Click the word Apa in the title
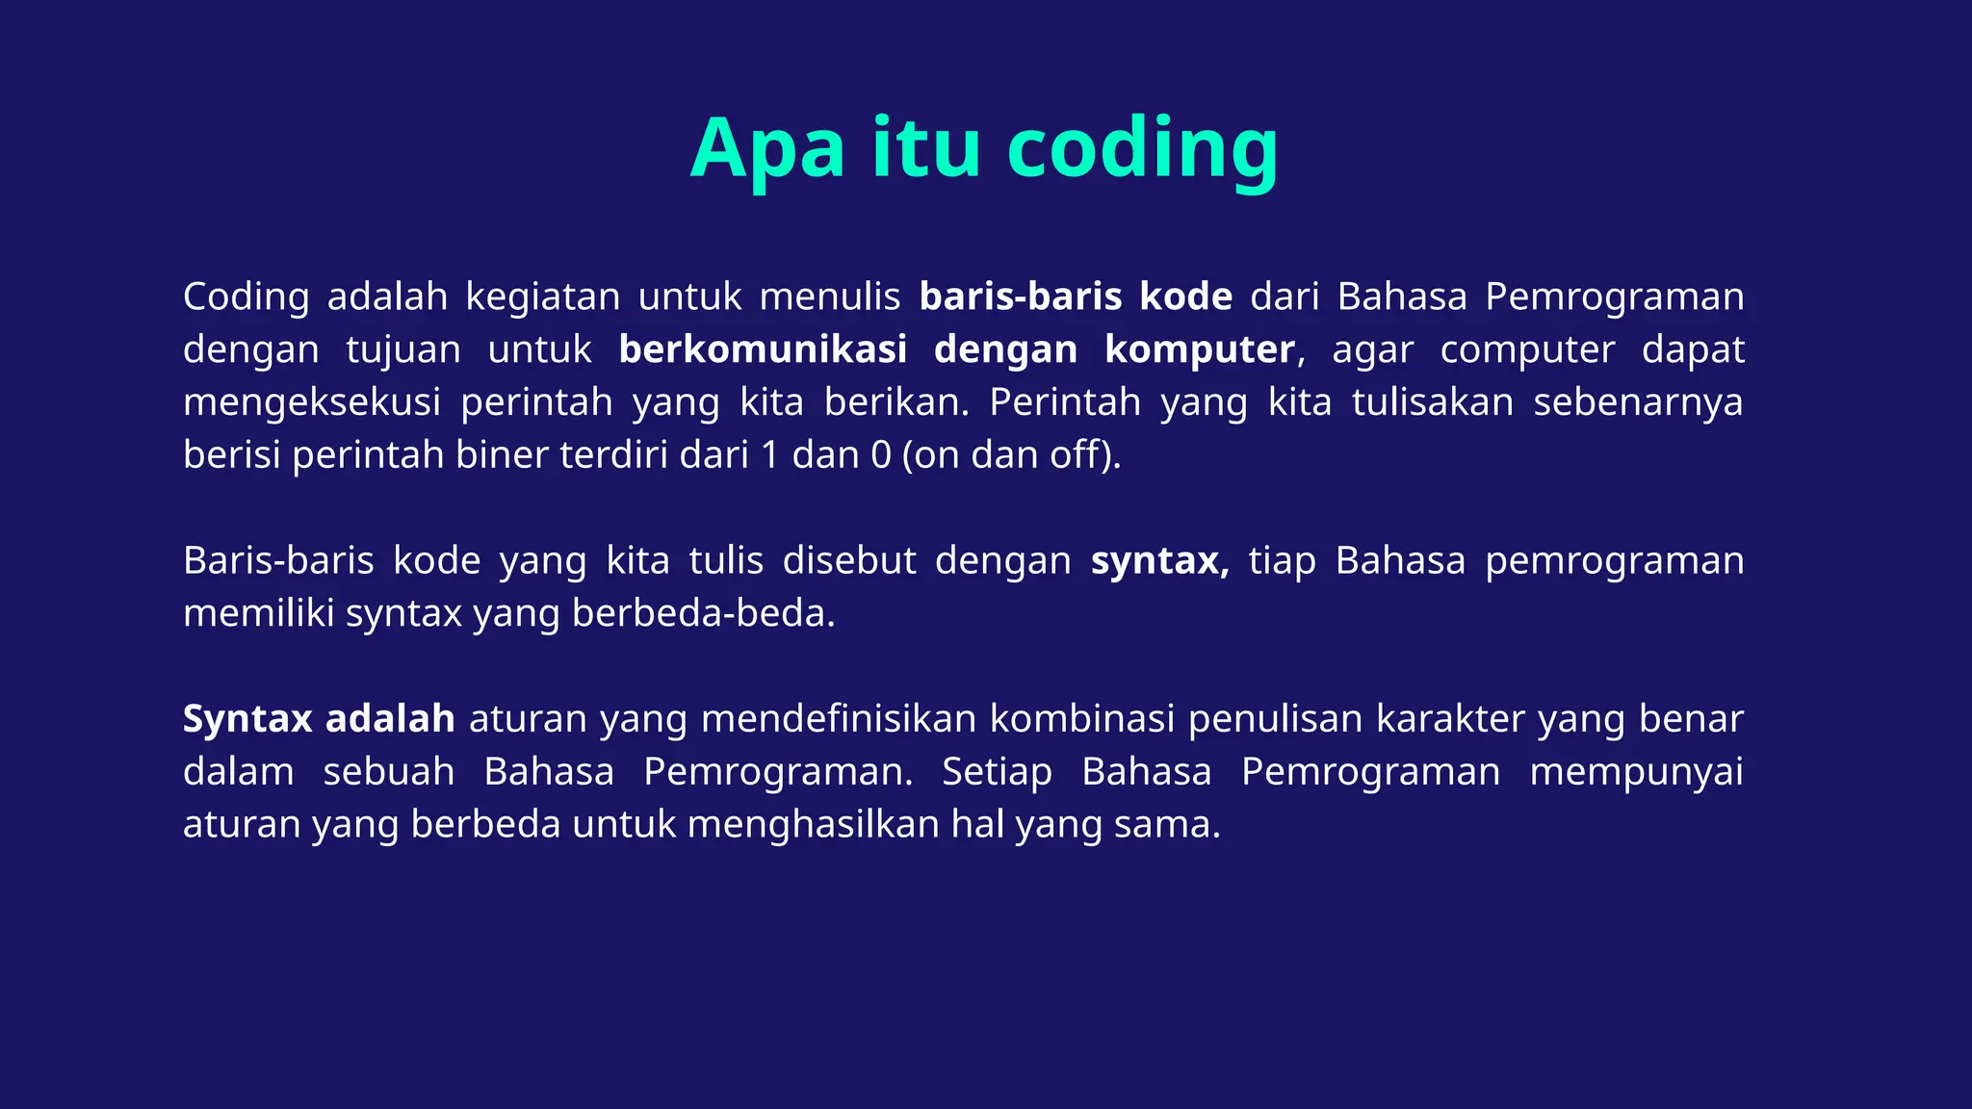(x=767, y=149)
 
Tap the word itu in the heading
(x=926, y=149)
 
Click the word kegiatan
(x=543, y=297)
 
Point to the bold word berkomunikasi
(x=763, y=349)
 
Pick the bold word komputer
(x=1200, y=349)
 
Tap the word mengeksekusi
(x=312, y=402)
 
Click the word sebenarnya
(x=1638, y=402)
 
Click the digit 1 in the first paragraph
(x=769, y=454)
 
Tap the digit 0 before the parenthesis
(x=881, y=454)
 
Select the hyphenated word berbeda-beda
(x=703, y=613)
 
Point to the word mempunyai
(x=1636, y=772)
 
